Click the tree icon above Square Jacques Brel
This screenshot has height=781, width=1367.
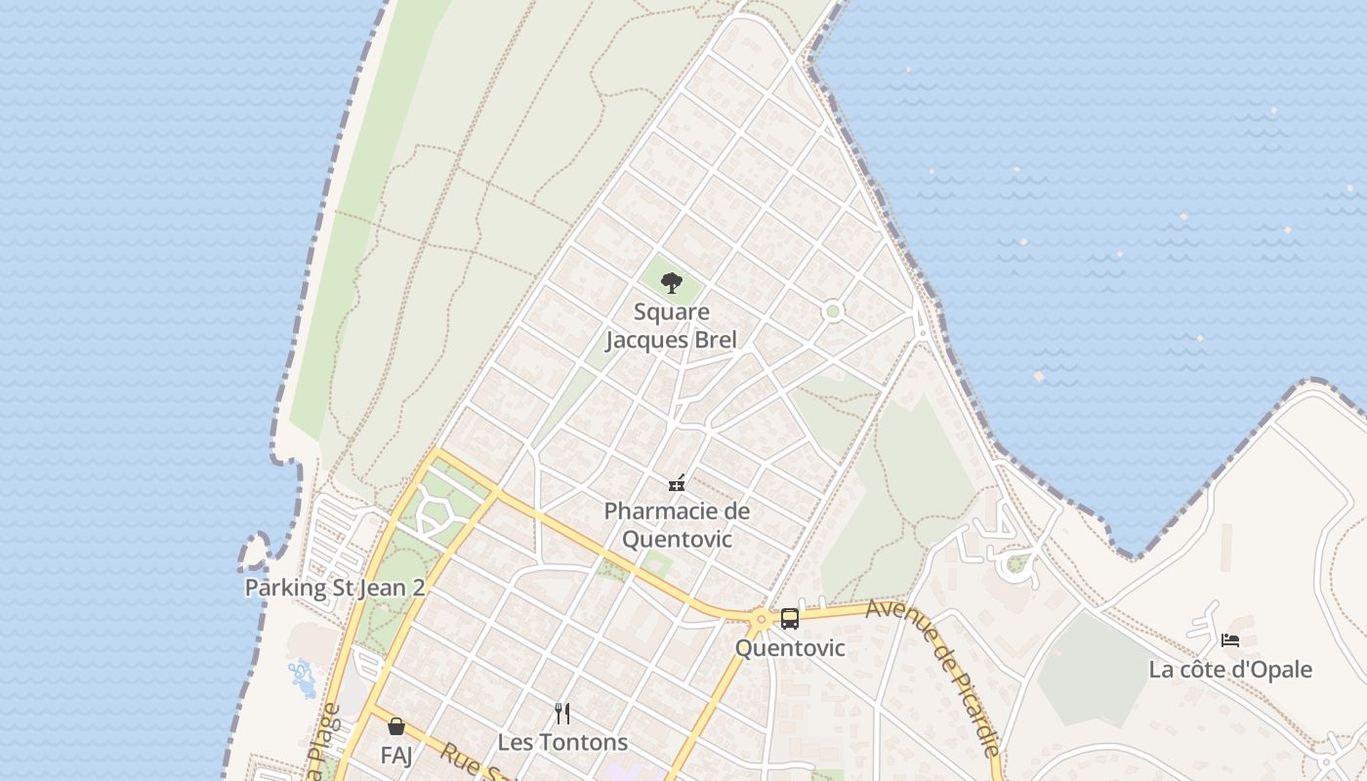click(671, 283)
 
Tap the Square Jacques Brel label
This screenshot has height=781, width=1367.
click(671, 326)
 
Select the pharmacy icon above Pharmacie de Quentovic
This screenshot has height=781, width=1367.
click(676, 482)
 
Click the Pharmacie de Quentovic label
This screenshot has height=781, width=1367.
click(677, 525)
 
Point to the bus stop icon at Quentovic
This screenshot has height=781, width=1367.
click(790, 619)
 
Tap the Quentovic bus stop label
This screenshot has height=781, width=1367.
click(790, 648)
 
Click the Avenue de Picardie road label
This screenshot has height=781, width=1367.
click(935, 674)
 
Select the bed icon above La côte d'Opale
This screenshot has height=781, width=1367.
click(1230, 640)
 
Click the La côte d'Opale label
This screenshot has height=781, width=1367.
click(1230, 670)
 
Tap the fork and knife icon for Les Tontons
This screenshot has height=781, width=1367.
click(561, 714)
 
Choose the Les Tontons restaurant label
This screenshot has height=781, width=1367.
click(562, 742)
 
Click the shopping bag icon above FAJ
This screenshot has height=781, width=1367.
click(396, 726)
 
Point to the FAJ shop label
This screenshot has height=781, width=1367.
click(396, 755)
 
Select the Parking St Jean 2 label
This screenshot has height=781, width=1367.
click(335, 588)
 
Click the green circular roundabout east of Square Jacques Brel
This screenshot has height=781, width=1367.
click(833, 311)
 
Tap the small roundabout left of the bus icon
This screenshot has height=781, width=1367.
click(761, 619)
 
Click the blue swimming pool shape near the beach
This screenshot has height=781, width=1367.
click(303, 678)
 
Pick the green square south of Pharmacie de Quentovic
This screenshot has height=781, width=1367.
click(656, 564)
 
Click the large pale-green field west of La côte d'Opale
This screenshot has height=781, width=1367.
click(1094, 669)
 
